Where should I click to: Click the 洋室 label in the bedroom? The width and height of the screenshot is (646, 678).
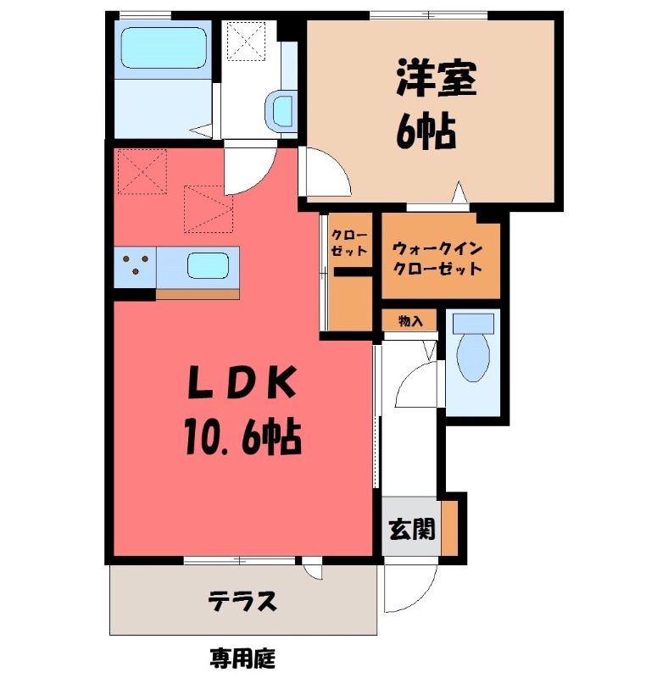[435, 80]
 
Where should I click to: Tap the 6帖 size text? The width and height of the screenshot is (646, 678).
[426, 131]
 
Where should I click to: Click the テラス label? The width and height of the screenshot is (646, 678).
[242, 603]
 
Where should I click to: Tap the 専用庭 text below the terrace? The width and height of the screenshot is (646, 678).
[242, 657]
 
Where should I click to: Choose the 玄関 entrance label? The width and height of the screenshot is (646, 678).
[412, 531]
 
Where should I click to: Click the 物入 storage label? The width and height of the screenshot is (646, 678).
[410, 321]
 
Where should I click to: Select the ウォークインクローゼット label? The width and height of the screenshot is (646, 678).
[437, 259]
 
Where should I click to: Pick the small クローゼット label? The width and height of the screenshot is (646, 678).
[348, 242]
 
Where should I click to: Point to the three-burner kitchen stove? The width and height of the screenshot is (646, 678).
[136, 266]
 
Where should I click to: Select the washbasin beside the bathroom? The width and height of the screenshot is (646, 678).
[281, 111]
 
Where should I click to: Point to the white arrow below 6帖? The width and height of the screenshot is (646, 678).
[459, 192]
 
